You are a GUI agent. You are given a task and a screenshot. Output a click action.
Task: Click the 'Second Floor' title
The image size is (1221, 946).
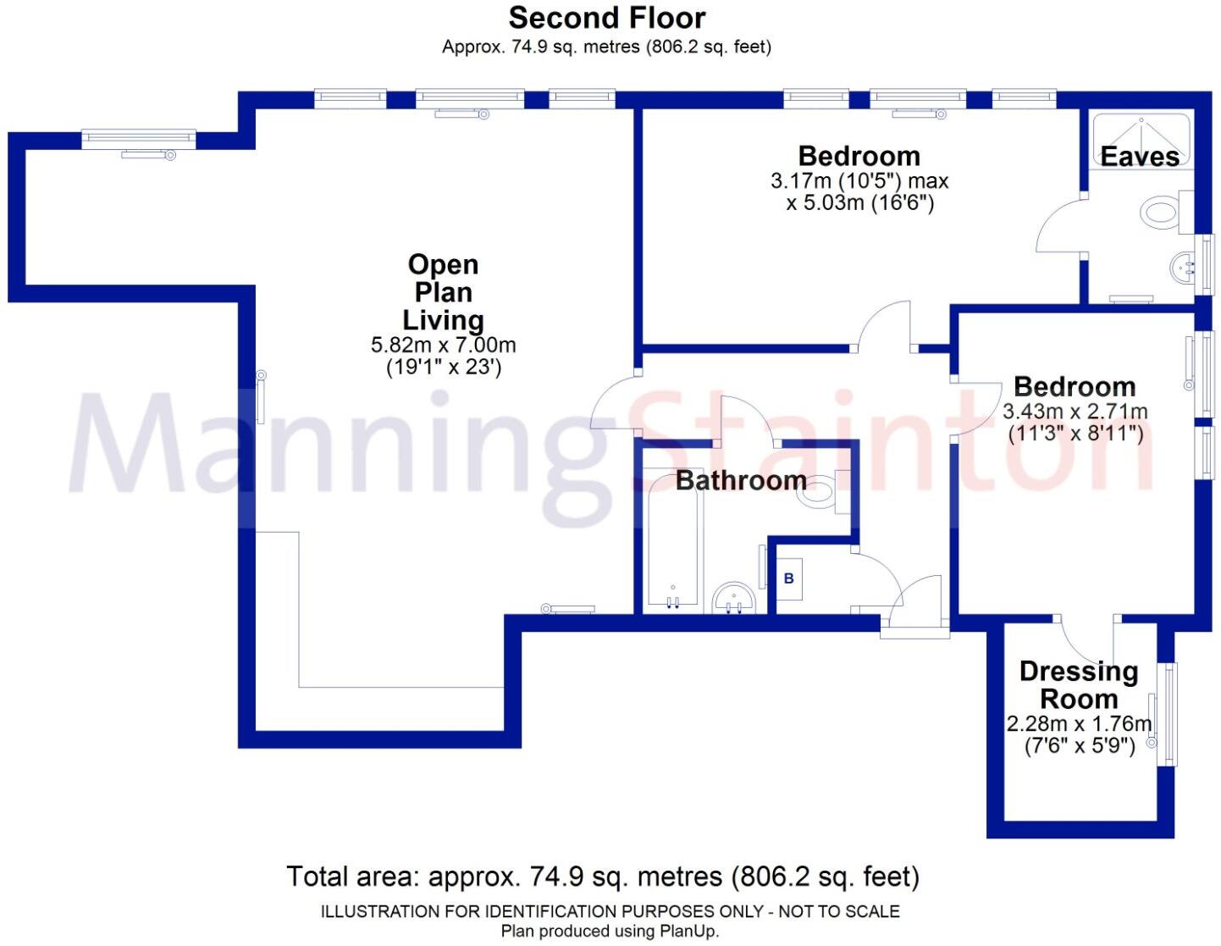coord(606,18)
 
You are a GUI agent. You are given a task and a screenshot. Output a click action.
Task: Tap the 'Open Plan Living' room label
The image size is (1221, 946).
coord(443,292)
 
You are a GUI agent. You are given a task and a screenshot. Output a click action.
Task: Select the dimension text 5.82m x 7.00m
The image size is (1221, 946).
coord(443,346)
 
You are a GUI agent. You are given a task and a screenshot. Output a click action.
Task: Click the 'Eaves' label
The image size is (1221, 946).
coord(1139,157)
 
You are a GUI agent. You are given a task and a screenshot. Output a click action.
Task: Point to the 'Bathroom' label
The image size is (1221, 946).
coord(741,480)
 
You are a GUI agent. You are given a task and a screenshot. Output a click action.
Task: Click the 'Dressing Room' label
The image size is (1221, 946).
coord(1079,685)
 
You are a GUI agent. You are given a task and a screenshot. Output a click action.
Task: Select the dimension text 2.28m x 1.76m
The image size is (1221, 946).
coord(1079,724)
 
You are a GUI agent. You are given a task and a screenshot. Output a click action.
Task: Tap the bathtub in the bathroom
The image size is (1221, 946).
coord(672,542)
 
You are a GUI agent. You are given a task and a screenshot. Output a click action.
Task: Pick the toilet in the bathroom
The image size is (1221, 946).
coord(820,491)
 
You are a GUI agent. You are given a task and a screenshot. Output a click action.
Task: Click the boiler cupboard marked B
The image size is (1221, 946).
coord(789,579)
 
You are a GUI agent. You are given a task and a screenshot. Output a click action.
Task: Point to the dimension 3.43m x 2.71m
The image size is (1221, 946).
coord(1075,412)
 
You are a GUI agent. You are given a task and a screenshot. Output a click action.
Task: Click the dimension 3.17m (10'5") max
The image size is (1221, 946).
coord(859,181)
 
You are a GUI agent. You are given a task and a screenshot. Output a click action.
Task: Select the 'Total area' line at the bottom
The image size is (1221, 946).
coord(602,877)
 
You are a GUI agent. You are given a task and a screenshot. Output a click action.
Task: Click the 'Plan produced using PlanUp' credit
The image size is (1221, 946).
coord(610,932)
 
